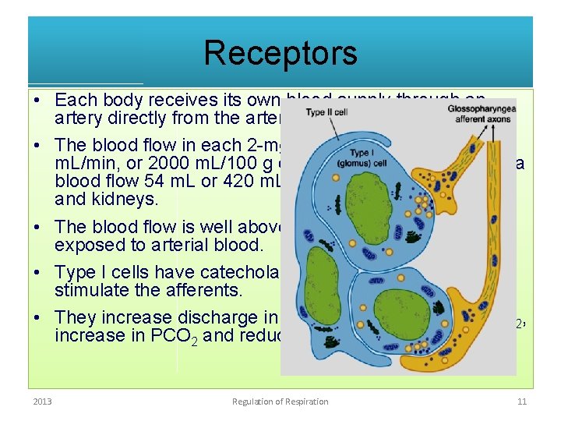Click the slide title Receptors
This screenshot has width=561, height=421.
pos(280,53)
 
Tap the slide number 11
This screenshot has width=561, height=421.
pos(523,402)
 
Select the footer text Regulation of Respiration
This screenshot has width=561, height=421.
pos(280,402)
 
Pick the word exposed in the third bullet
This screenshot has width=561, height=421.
pos(86,246)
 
